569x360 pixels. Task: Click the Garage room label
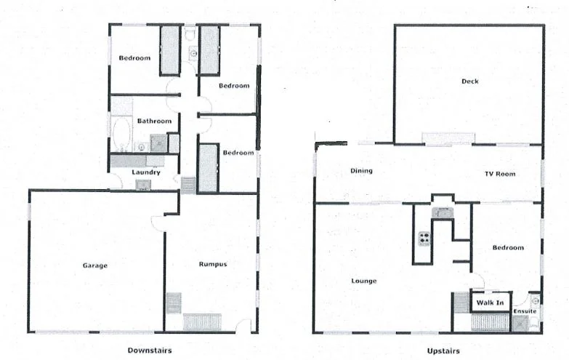[94, 265]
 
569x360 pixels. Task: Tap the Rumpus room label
[213, 264]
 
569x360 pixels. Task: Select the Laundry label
[145, 172]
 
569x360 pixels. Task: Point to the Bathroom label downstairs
[154, 121]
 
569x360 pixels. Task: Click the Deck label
[470, 81]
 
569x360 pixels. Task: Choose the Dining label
[361, 172]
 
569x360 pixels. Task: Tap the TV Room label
[500, 174]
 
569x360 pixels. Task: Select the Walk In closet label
[490, 301]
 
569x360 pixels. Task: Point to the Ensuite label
[525, 311]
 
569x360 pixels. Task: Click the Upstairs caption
[443, 351]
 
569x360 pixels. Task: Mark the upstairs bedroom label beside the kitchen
[507, 248]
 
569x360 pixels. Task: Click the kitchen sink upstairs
[441, 212]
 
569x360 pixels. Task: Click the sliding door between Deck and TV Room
[449, 138]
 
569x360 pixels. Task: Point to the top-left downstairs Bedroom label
[134, 58]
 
